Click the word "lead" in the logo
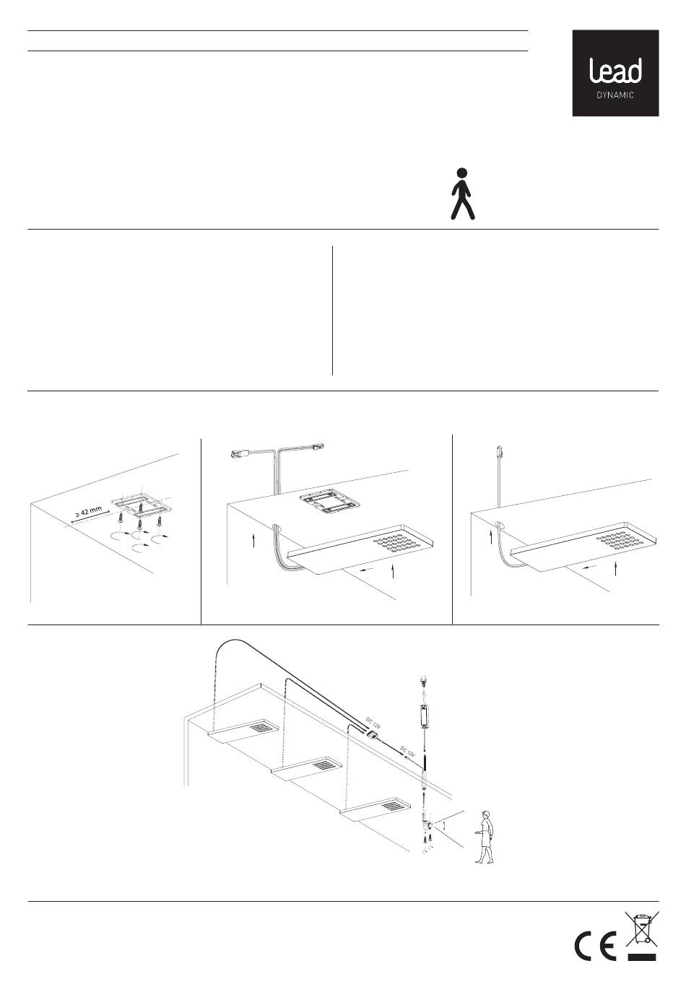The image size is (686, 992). (x=615, y=71)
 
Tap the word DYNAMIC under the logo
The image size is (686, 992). (x=615, y=95)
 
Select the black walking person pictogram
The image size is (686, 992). (x=462, y=193)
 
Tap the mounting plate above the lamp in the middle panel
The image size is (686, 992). (x=328, y=503)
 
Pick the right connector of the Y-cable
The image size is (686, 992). (x=318, y=445)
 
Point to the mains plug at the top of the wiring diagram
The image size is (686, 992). (x=421, y=683)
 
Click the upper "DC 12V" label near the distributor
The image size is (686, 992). (x=373, y=723)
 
